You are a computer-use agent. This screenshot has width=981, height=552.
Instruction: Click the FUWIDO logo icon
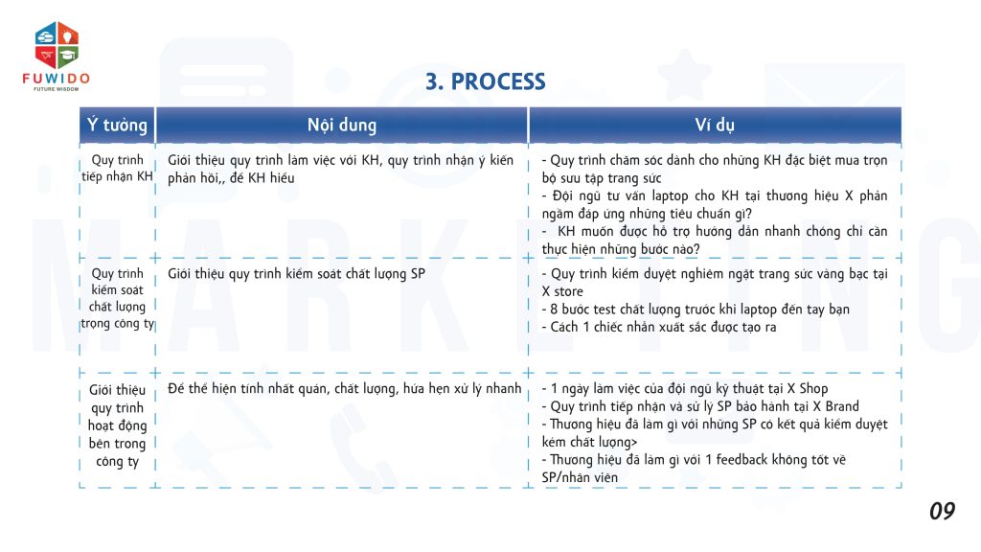point(57,44)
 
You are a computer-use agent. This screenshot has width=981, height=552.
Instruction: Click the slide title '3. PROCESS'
point(486,81)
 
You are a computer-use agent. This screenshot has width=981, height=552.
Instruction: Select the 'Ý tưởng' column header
point(117,126)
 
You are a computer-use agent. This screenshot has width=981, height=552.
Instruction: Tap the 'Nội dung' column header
point(342,126)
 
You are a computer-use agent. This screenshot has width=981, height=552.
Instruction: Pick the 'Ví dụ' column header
point(715,126)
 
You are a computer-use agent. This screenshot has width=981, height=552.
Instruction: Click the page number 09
point(942,512)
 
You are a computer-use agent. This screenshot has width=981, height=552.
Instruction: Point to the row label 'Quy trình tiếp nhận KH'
point(117,169)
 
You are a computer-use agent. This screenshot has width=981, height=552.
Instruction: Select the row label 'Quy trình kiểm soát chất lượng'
point(117,298)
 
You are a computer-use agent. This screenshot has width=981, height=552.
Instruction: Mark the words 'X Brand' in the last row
point(835,406)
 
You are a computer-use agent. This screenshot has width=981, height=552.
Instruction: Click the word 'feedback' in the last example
point(742,459)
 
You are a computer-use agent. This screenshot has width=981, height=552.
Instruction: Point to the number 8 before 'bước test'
point(554,310)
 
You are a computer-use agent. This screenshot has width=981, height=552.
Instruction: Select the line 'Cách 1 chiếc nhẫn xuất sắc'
point(663,327)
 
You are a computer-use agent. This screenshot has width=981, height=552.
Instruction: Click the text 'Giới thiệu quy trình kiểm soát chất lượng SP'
point(297,274)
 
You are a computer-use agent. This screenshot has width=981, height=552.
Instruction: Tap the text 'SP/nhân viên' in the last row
point(580,477)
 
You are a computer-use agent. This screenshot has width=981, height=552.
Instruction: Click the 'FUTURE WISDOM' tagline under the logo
point(57,89)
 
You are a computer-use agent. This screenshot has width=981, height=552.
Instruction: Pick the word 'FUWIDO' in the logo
point(57,79)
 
